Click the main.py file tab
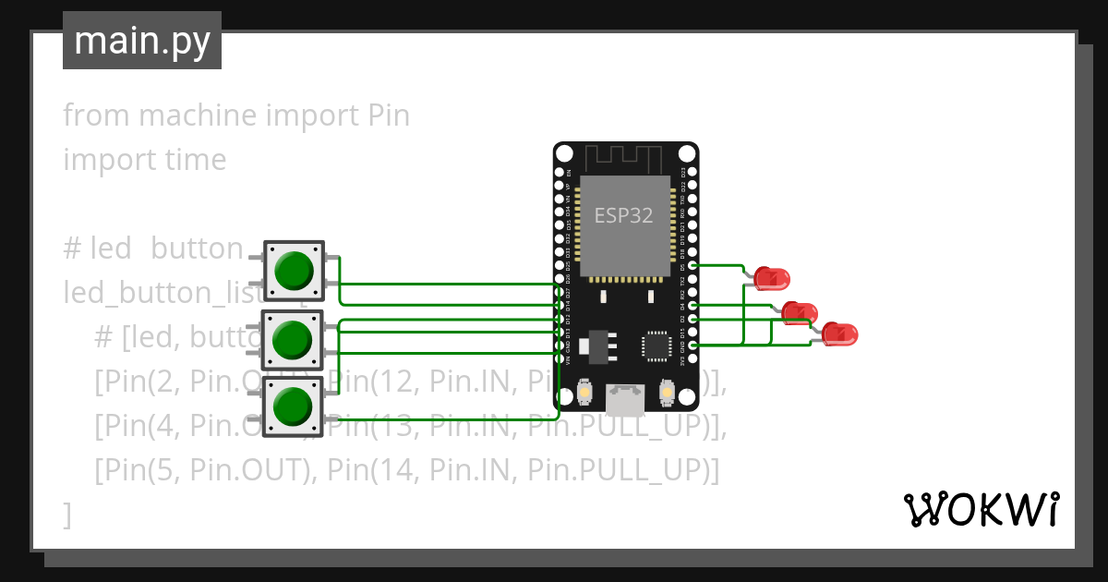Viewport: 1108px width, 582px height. (x=141, y=41)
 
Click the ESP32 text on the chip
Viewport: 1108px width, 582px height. (x=623, y=216)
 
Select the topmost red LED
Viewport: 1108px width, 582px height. (x=771, y=277)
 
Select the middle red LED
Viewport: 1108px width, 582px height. (x=798, y=312)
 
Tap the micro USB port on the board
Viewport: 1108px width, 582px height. (x=625, y=399)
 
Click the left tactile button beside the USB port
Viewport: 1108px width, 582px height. (x=584, y=394)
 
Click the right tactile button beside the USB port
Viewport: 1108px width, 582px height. (x=667, y=394)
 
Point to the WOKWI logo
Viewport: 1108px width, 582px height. (x=981, y=509)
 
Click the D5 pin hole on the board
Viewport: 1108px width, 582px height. (x=692, y=265)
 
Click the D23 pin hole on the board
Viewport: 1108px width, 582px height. (x=692, y=172)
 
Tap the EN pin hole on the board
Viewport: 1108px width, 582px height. (x=559, y=172)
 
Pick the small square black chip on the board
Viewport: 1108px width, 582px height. (x=656, y=346)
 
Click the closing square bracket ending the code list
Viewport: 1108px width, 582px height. (x=66, y=515)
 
